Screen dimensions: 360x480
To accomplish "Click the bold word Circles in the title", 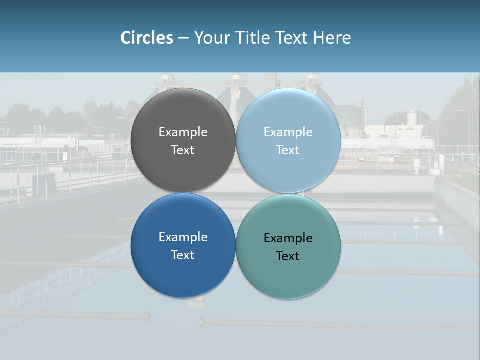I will pyautogui.click(x=146, y=38).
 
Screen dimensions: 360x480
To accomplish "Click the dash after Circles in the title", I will pyautogui.click(x=183, y=38).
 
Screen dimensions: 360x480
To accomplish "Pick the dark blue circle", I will pyautogui.click(x=183, y=270).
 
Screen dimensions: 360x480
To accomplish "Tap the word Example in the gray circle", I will pyautogui.click(x=183, y=132).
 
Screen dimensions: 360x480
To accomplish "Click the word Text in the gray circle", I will pyautogui.click(x=183, y=150).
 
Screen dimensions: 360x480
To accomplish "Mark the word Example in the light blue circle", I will pyautogui.click(x=288, y=132).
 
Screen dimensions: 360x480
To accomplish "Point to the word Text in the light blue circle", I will pyautogui.click(x=288, y=150).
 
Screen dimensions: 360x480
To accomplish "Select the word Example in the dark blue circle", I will pyautogui.click(x=183, y=237).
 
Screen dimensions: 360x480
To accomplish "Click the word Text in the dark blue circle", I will pyautogui.click(x=183, y=255).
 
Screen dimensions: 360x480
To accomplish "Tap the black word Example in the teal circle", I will pyautogui.click(x=288, y=238).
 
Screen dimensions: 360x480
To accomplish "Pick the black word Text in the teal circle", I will pyautogui.click(x=288, y=256).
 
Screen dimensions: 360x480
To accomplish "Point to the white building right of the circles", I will pyautogui.click(x=395, y=132).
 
